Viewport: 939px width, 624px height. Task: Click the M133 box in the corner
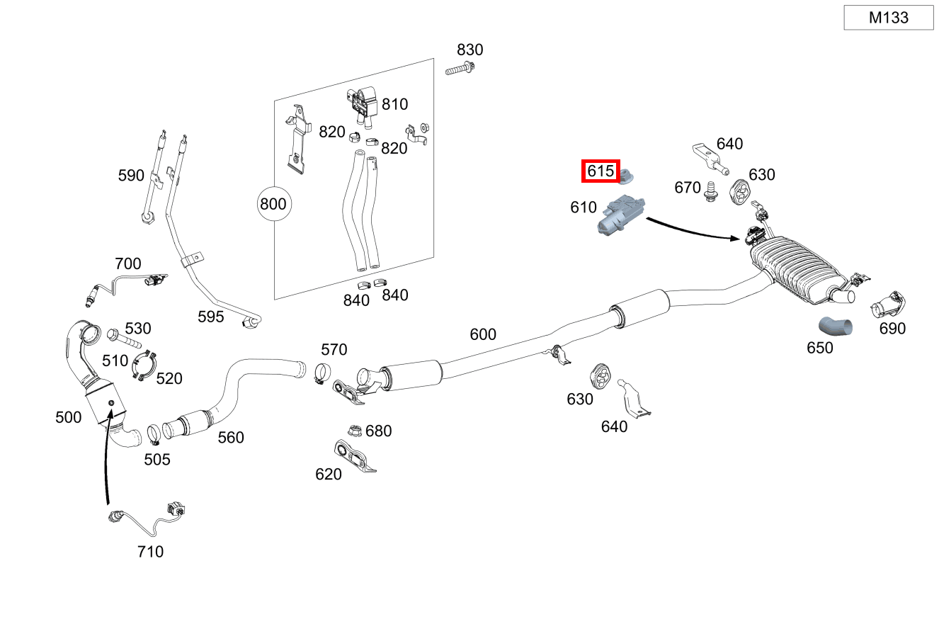click(888, 18)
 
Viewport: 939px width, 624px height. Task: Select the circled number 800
click(273, 205)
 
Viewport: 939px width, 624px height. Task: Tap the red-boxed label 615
click(601, 171)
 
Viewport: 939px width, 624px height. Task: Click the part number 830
click(469, 50)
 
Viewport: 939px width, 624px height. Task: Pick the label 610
click(584, 208)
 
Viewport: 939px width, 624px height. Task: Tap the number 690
click(892, 329)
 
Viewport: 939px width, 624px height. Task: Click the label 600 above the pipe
click(483, 334)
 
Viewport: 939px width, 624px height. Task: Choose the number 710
click(150, 551)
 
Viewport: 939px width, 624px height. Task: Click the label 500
click(69, 417)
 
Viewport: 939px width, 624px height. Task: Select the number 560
click(231, 438)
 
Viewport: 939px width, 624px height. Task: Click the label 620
click(329, 474)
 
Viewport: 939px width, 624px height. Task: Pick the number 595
click(211, 317)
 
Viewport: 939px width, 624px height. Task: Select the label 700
click(127, 264)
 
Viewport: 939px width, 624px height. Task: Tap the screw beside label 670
click(710, 191)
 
